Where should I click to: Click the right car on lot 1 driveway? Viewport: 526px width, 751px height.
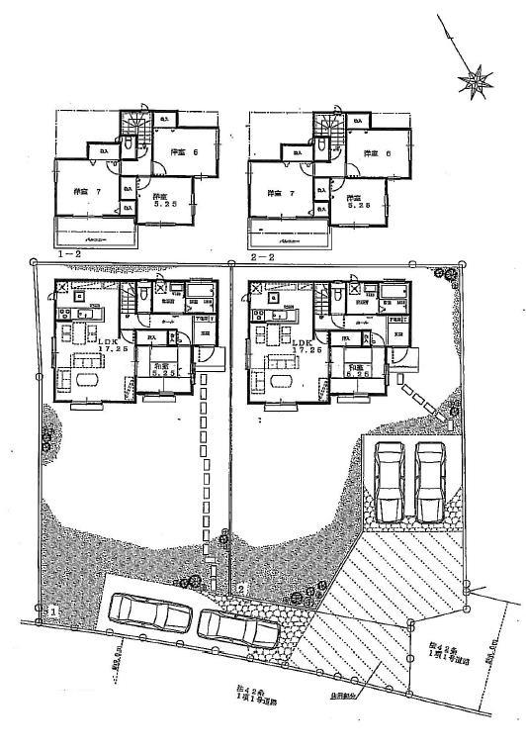coord(237,626)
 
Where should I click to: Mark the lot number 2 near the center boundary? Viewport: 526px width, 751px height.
coord(240,588)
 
